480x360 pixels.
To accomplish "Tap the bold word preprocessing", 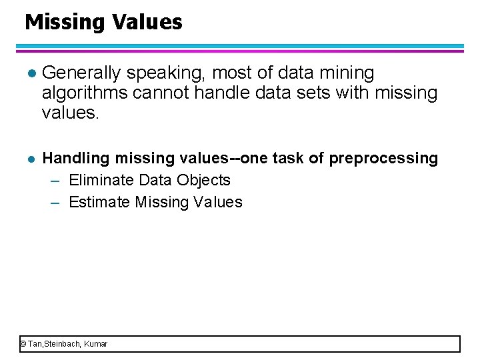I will click(x=383, y=159).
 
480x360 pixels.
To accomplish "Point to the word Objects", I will click(x=204, y=180).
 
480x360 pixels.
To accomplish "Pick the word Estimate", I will click(x=99, y=202).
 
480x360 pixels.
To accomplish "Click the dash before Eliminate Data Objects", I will click(x=57, y=181).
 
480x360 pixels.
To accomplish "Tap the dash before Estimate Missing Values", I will click(x=57, y=203).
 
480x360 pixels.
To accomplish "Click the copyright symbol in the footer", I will click(x=23, y=344).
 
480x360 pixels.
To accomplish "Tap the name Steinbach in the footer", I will click(x=62, y=344).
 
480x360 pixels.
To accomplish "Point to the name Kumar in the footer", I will click(x=96, y=344).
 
